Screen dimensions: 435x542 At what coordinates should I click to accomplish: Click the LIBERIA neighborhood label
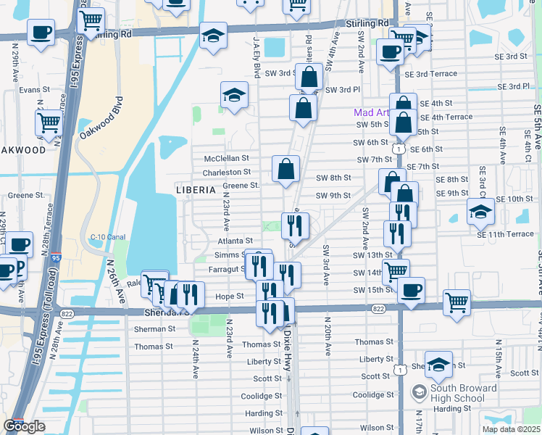(x=196, y=189)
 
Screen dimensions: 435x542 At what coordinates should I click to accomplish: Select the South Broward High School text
(x=464, y=393)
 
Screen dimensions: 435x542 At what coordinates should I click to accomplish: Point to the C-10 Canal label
(x=108, y=236)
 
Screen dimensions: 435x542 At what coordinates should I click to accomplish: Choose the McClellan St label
(x=226, y=157)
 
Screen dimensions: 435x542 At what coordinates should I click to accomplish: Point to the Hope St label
(x=229, y=297)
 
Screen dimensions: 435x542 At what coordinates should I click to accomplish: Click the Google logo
(x=24, y=426)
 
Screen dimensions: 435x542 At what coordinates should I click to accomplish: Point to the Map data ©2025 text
(x=510, y=429)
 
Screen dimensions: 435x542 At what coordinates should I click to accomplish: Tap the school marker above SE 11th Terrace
(x=480, y=211)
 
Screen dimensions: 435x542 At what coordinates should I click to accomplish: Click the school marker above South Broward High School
(x=438, y=364)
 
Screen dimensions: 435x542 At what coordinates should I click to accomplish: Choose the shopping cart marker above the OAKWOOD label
(x=49, y=123)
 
